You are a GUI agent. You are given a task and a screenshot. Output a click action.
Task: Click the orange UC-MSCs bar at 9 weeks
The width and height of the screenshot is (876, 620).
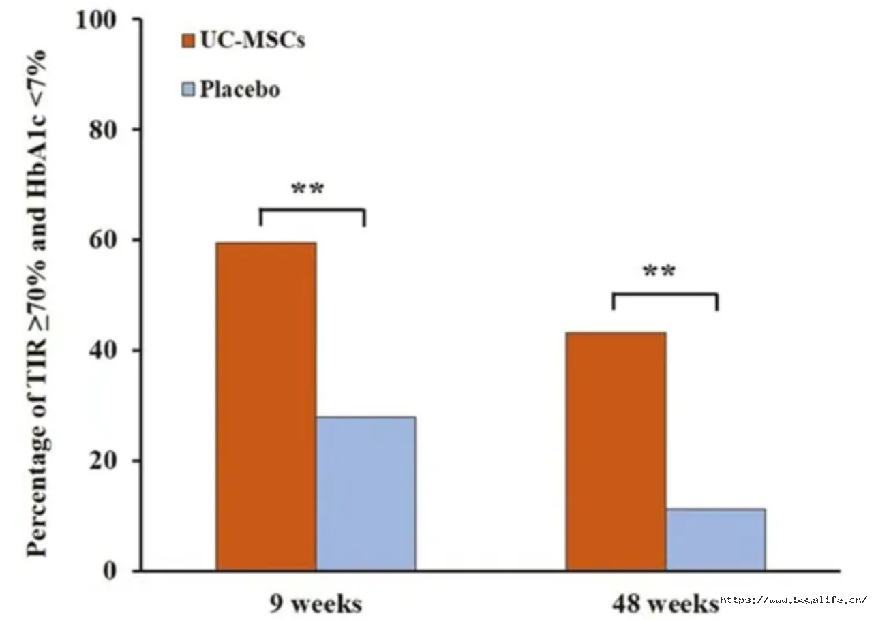[267, 407]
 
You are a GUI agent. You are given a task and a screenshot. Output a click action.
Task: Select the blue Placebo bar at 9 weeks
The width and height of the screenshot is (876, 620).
[366, 494]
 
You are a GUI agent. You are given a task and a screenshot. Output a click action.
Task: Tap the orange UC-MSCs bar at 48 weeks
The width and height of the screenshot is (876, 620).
[616, 452]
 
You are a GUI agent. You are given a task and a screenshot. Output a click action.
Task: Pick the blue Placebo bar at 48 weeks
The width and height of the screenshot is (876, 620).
[716, 540]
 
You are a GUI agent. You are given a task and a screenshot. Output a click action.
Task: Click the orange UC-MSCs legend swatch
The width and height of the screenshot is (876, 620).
[188, 41]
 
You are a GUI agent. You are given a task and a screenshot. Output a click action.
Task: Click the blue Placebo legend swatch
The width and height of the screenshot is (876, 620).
[188, 89]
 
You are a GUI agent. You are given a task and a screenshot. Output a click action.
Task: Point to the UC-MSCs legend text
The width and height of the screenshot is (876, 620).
[253, 40]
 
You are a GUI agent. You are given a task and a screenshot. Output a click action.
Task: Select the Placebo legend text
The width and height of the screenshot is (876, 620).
[240, 89]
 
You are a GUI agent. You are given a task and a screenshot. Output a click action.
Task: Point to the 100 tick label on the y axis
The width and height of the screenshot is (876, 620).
[96, 20]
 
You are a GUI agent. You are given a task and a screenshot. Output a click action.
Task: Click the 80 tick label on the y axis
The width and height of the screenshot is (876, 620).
[103, 130]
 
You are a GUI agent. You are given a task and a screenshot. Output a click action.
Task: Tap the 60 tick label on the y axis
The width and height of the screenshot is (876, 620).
[103, 241]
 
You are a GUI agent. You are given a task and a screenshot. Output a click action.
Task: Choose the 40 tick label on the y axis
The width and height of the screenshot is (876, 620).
[103, 351]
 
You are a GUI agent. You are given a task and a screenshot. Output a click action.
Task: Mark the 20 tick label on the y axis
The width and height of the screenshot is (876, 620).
[103, 461]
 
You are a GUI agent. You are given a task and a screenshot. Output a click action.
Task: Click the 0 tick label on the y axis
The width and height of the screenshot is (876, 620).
[110, 572]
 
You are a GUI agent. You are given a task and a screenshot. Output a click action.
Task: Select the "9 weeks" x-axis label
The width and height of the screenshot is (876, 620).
[316, 604]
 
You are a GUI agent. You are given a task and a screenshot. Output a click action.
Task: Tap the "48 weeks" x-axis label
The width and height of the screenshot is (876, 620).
[665, 604]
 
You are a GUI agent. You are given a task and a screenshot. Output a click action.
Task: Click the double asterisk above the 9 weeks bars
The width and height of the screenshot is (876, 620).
[307, 189]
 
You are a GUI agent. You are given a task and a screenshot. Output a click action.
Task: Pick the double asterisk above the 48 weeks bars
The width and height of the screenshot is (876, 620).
[659, 271]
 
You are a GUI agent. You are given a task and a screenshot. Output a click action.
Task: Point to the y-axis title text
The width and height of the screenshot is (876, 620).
[37, 303]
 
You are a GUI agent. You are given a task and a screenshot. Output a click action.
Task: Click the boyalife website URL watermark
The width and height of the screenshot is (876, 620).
[794, 600]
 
